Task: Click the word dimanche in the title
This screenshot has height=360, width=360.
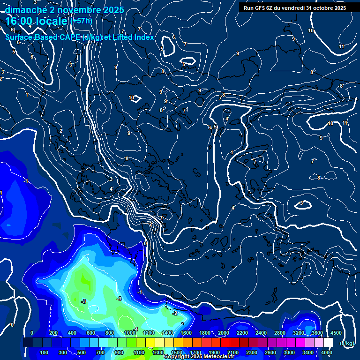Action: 25,10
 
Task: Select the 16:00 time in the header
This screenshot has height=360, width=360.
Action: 22,21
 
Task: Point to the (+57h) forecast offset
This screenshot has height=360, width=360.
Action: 81,21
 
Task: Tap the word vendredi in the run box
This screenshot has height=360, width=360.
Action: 293,8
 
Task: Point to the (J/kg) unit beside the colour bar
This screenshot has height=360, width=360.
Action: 347,343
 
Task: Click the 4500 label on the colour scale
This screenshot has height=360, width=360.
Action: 336,333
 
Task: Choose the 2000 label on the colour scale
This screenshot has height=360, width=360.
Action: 223,333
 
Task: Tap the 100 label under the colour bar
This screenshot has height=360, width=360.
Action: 45,352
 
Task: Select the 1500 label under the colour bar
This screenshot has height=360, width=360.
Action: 177,352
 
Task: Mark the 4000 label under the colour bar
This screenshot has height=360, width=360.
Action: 327,352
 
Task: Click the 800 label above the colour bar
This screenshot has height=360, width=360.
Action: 110,333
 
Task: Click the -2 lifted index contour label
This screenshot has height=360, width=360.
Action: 175,313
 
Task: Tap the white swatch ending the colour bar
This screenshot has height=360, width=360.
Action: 328,343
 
